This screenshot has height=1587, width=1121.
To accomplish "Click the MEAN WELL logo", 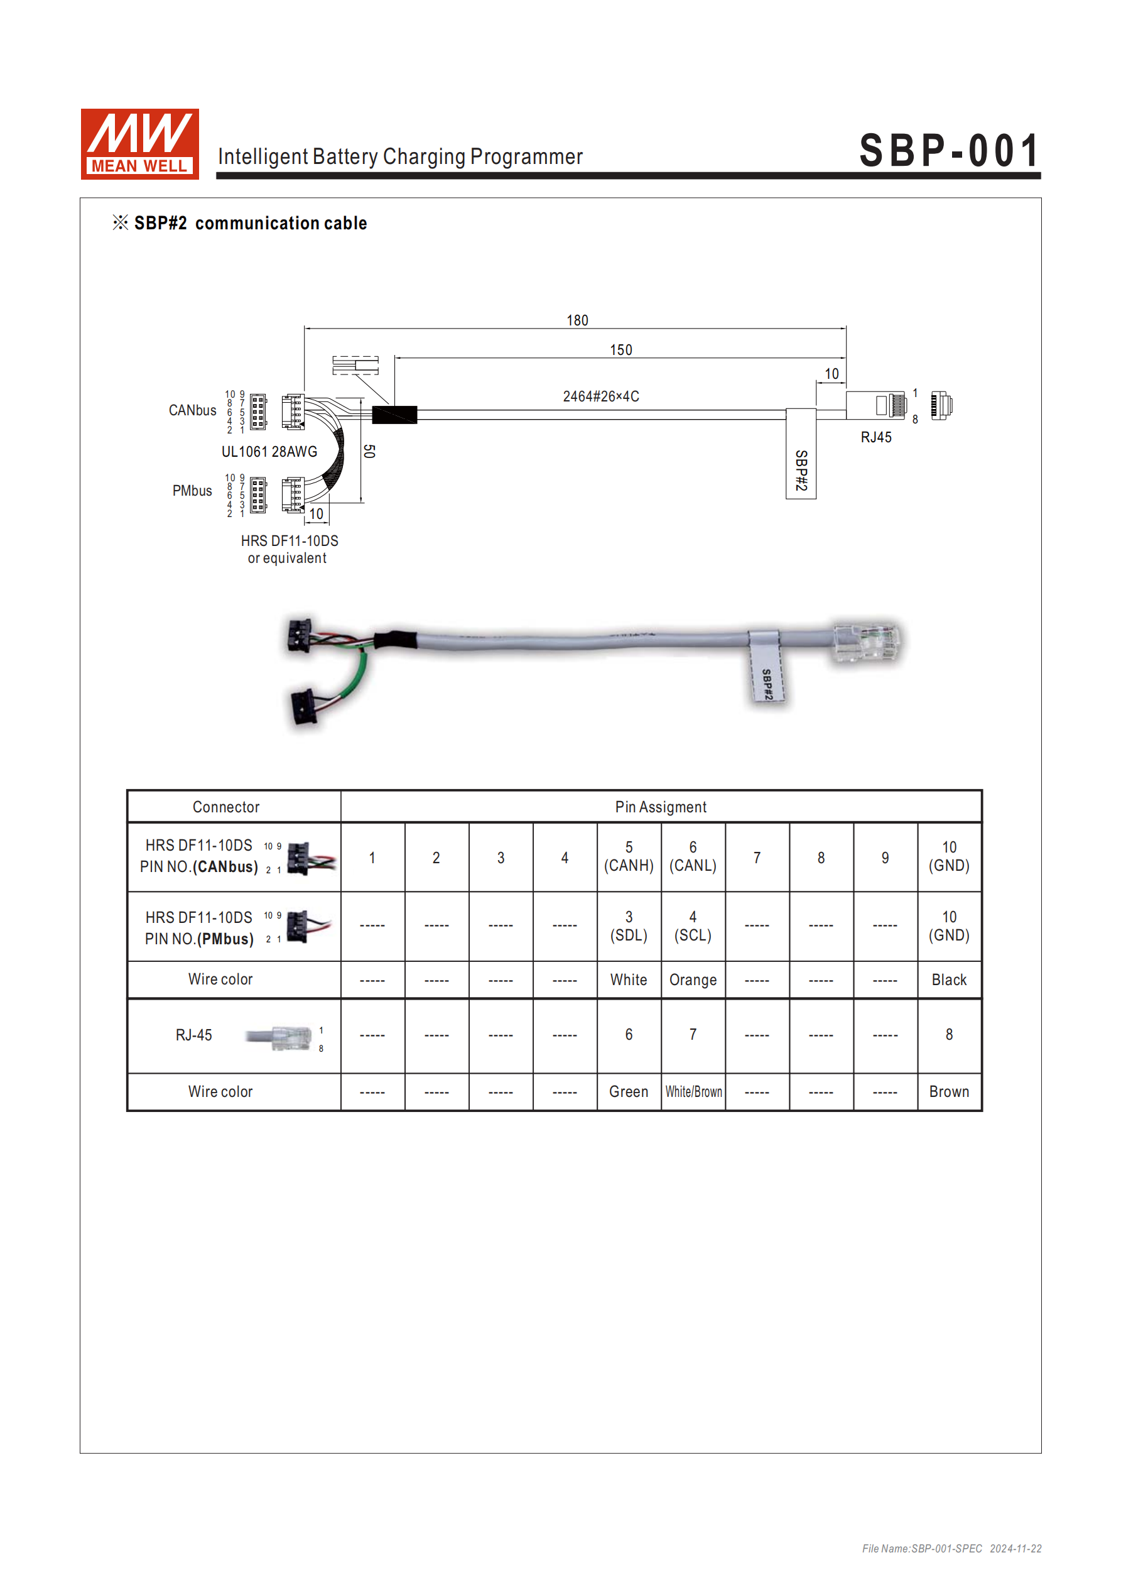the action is point(139,144).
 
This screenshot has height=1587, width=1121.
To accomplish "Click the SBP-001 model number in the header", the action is point(950,151).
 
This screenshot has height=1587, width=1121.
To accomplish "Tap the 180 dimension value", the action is point(577,320).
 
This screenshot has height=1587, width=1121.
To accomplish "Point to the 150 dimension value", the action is point(620,351).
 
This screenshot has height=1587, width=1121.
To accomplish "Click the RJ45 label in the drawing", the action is point(875,437).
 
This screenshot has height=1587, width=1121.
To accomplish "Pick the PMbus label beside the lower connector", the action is point(192,491).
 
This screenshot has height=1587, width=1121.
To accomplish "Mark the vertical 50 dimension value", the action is point(369,451).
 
